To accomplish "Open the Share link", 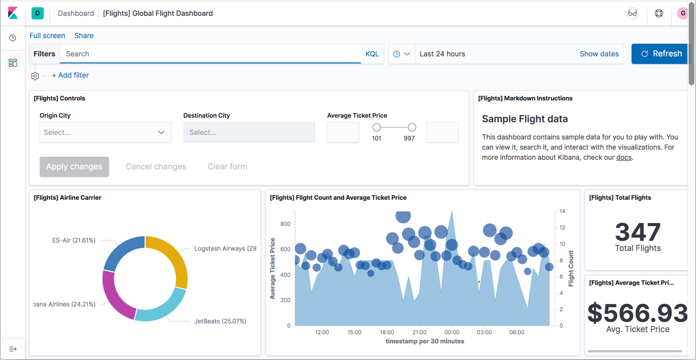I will [x=84, y=35].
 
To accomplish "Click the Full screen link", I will [x=47, y=35].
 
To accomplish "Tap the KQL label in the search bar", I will [x=372, y=54].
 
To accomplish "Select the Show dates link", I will [x=599, y=54].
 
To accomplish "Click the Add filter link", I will [x=70, y=75].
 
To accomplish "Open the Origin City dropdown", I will [x=105, y=132].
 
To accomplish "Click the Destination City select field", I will [x=249, y=132].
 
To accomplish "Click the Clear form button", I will [x=227, y=166].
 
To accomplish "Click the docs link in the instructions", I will [x=624, y=157].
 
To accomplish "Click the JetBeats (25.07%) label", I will [x=220, y=321].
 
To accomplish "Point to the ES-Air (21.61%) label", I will [x=74, y=240].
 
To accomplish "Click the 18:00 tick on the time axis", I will [x=387, y=333].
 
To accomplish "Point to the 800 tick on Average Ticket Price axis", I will [x=285, y=224].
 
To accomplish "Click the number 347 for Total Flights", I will [x=638, y=232].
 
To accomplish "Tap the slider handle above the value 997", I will [x=412, y=127].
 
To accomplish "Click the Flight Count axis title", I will [x=571, y=269].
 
